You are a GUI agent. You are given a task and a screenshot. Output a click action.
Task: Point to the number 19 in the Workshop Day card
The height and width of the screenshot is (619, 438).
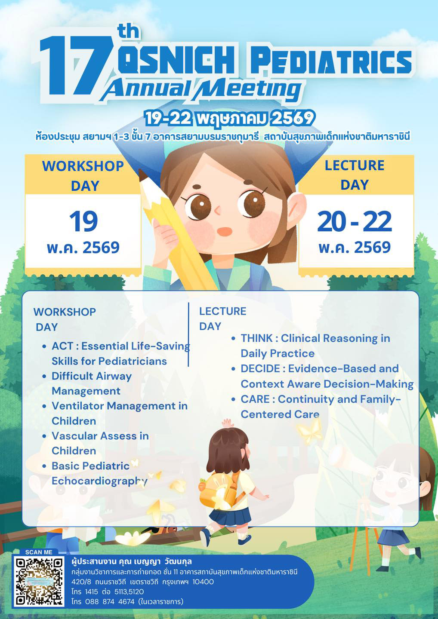(83, 221)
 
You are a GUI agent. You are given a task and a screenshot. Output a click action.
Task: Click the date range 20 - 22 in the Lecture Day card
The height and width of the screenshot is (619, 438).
(355, 221)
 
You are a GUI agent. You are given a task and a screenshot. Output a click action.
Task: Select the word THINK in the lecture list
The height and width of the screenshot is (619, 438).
(256, 338)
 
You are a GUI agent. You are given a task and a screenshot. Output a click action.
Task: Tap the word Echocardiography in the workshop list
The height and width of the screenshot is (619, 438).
(99, 481)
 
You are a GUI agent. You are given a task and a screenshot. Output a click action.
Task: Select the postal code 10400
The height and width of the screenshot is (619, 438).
(203, 582)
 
